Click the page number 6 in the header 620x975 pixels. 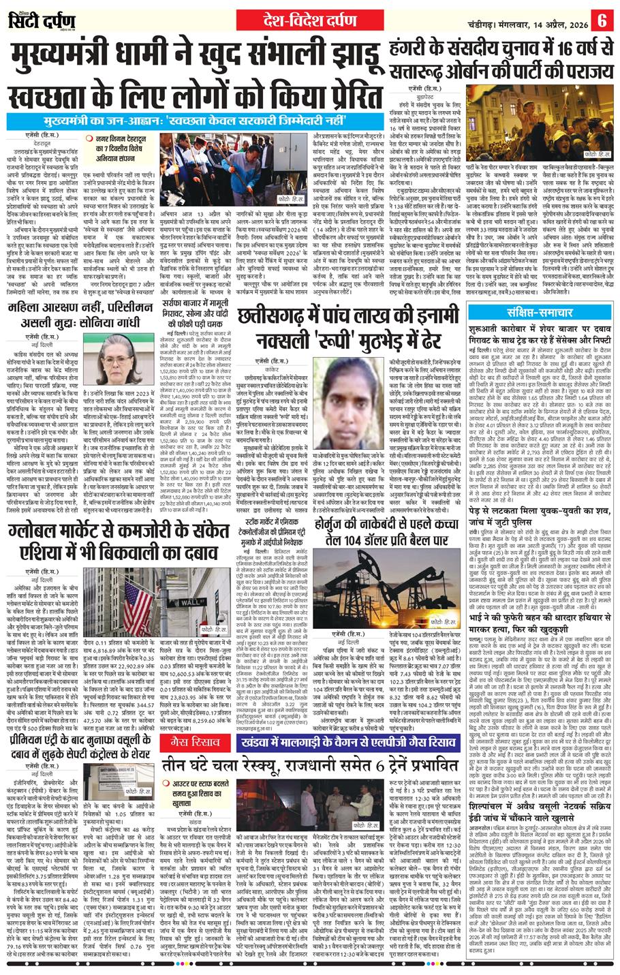pyautogui.click(x=603, y=18)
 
